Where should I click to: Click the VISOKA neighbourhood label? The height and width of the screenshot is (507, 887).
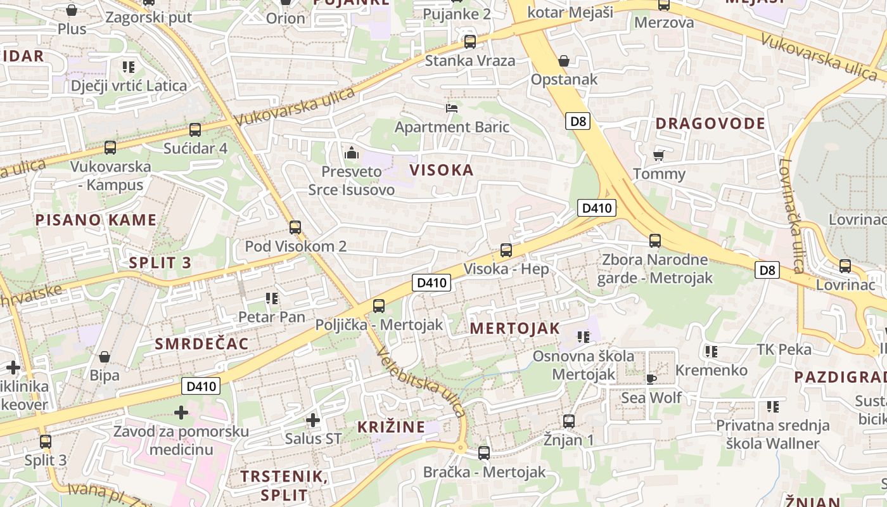pos(442,170)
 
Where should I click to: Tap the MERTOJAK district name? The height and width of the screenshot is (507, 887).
pos(515,328)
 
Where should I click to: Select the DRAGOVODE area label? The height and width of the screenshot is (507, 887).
pos(710,124)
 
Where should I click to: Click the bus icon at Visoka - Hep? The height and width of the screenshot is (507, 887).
pos(506,250)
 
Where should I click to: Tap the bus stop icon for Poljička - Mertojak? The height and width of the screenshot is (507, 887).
pos(379,306)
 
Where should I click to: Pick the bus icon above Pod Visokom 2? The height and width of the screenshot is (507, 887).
pos(295,228)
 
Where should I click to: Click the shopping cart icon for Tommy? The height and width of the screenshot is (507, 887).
pos(658,155)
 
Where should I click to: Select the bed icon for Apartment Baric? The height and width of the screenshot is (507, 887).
pos(452,108)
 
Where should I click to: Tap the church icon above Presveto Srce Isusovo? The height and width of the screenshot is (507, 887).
pos(351,153)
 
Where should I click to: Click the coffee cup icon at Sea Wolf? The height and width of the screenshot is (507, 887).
pos(651,379)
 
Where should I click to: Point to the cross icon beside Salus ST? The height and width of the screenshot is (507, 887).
pos(312,420)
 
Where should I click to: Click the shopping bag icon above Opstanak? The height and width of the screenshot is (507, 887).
pos(564,61)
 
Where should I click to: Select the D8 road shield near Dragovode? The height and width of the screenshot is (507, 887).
pos(577,121)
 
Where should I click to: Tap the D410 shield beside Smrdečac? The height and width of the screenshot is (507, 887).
pos(201,386)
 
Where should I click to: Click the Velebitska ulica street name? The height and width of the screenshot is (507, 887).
pos(421,383)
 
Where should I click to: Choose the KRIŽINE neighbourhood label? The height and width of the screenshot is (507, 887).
pos(391,427)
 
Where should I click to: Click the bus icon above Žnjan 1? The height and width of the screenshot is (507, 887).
pos(569,421)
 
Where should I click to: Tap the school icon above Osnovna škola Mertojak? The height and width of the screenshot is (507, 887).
pos(583,337)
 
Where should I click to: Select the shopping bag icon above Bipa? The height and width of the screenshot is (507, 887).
pos(105,357)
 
